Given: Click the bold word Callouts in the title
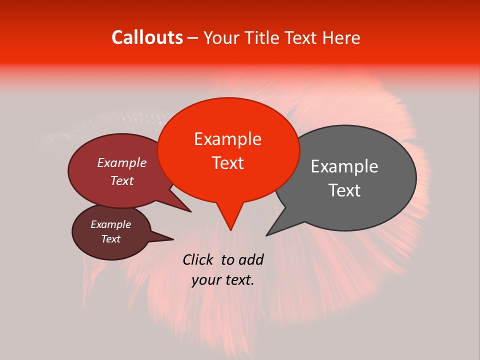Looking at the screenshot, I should point(147,38).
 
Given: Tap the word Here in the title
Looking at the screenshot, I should point(342,38).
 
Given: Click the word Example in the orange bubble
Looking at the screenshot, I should point(227,139).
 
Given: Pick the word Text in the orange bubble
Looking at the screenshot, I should point(227,163).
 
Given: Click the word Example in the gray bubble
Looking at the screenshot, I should point(344,166).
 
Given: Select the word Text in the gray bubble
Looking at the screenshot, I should point(344,190).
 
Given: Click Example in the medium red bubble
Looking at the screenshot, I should point(121,163).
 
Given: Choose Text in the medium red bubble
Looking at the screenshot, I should point(121,180).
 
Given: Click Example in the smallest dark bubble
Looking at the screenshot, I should point(110,224).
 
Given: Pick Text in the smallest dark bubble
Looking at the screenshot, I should point(110,239).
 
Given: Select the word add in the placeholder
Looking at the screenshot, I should point(251,259).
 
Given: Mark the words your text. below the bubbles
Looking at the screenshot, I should point(222,280).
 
